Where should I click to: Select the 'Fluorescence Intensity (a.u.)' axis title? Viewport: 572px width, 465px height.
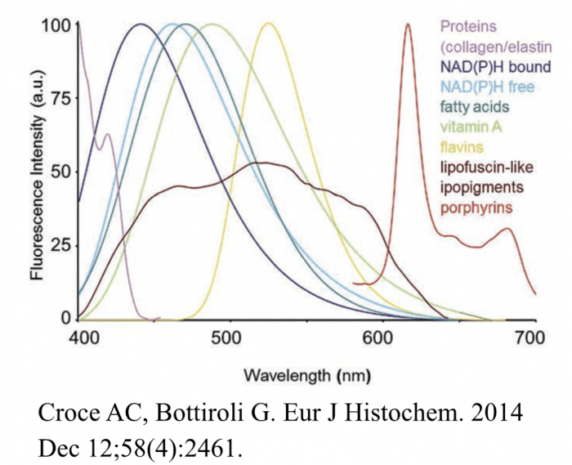point(36,172)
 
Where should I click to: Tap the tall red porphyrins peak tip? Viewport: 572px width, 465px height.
point(409,25)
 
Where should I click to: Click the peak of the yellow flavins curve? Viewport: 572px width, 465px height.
point(268,24)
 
